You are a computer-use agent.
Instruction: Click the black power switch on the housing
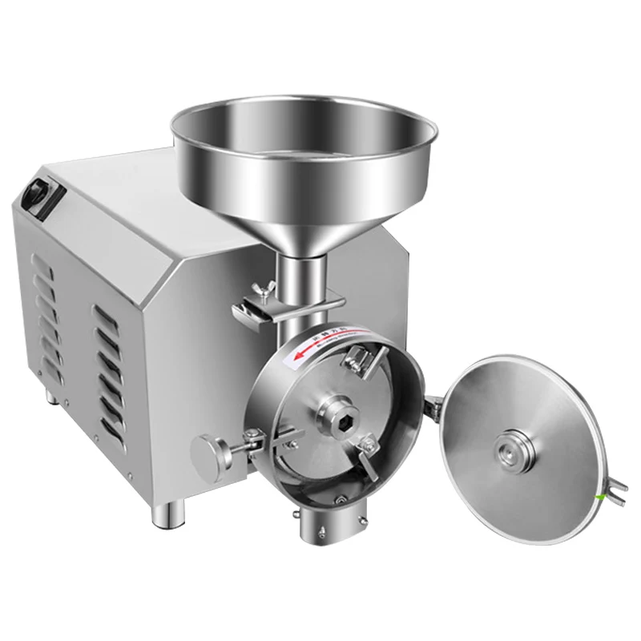[34, 192]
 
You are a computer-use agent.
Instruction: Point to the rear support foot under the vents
[50, 396]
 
